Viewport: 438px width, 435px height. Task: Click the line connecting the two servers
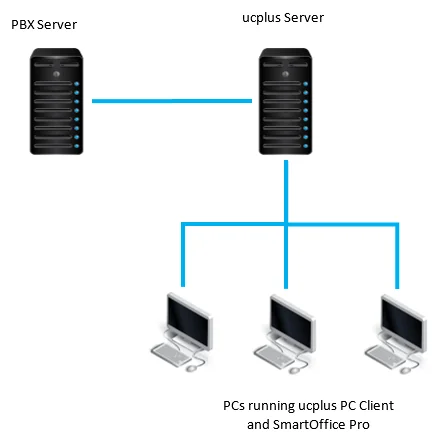point(170,100)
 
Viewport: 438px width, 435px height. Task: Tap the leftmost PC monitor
point(187,319)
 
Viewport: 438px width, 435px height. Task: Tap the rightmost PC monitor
point(396,319)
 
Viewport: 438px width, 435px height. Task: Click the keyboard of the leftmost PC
point(172,356)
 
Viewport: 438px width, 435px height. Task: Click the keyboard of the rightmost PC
point(381,356)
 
